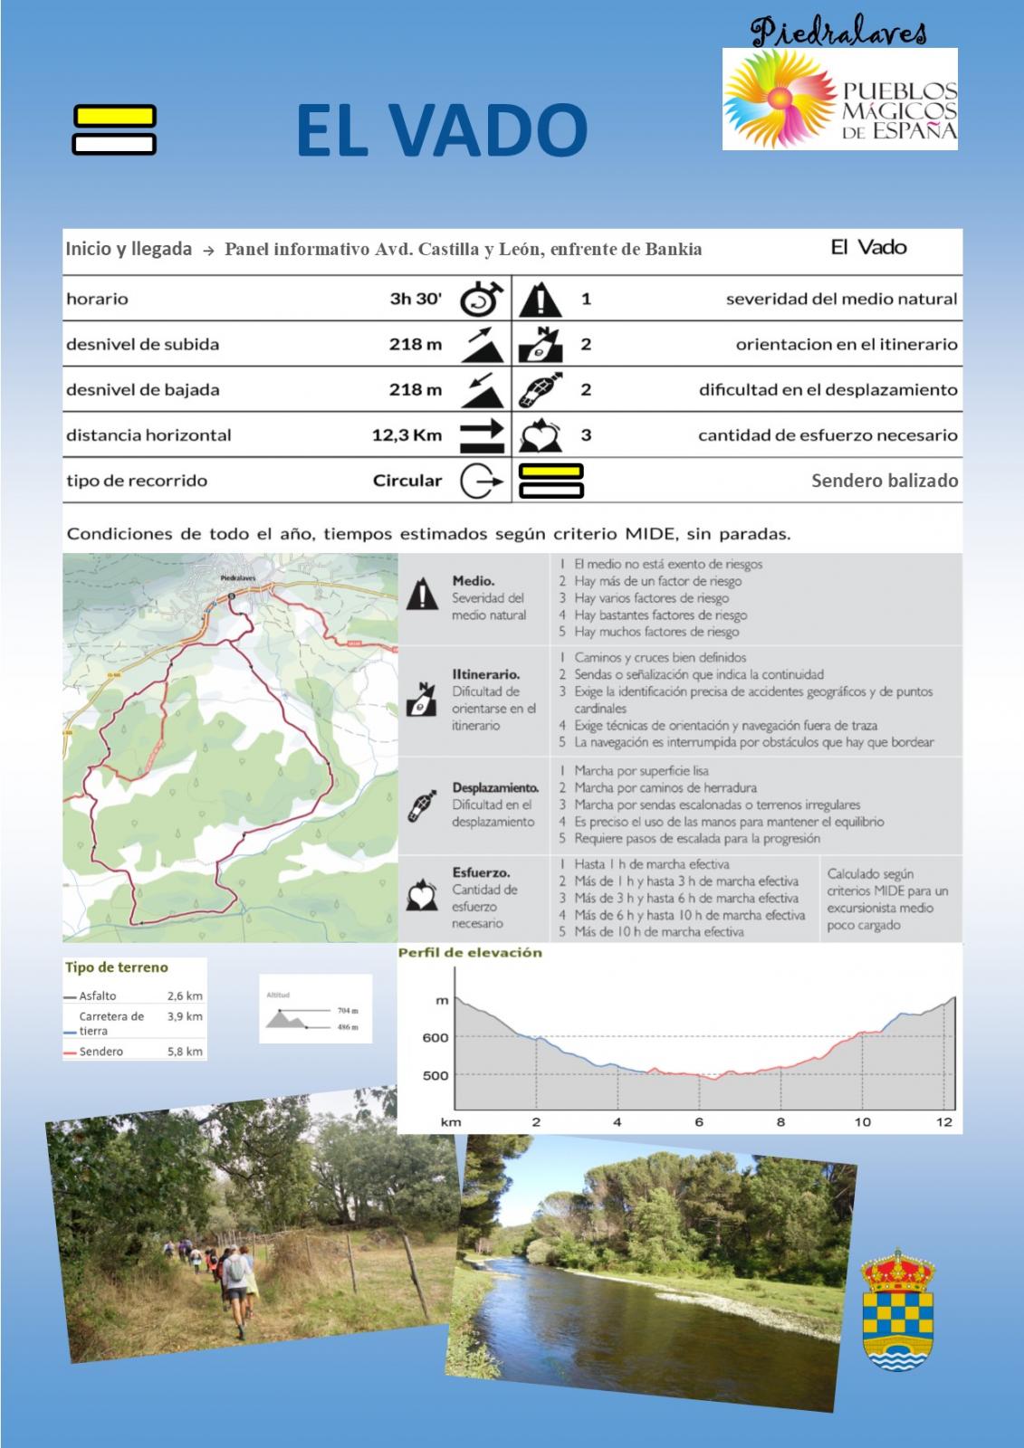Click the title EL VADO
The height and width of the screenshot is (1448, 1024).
[x=441, y=130]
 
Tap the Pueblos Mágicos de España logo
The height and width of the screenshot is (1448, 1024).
[x=839, y=100]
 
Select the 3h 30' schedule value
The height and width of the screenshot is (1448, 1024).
[x=416, y=300]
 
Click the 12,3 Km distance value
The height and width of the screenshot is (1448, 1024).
[x=407, y=435]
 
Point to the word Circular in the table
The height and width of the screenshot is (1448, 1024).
[x=407, y=481]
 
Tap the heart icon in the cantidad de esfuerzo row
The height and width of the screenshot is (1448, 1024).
[x=540, y=435]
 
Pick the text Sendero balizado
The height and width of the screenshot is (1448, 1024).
[x=884, y=481]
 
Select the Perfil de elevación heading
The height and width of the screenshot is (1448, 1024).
[x=470, y=953]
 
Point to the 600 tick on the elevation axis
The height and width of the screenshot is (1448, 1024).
[x=435, y=1038]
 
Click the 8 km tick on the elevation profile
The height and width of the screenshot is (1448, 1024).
[x=780, y=1122]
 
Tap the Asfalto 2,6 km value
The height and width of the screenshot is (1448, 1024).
[x=185, y=995]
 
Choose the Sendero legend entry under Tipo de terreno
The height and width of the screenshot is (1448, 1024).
[x=100, y=1052]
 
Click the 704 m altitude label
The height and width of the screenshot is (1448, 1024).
[x=348, y=1010]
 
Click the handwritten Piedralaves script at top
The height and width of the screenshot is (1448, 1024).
[x=838, y=33]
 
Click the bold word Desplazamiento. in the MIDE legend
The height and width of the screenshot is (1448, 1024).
[x=495, y=788]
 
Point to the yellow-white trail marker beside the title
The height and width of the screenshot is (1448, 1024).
[x=114, y=130]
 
